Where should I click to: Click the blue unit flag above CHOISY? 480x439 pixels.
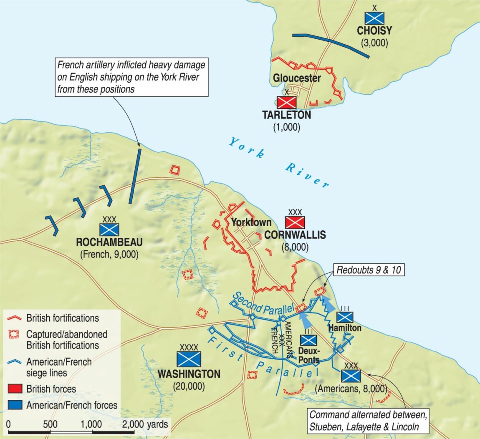(374, 18)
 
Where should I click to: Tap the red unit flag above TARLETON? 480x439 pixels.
(287, 103)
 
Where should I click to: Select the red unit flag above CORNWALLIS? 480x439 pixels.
(295, 222)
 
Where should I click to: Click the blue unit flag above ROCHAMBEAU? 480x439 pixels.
(109, 230)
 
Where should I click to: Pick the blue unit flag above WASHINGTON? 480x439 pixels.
(189, 359)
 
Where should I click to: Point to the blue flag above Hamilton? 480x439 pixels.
(345, 317)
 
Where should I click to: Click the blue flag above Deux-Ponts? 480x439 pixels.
(308, 340)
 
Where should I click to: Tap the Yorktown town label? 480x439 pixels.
(251, 222)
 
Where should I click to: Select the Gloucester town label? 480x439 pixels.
(297, 78)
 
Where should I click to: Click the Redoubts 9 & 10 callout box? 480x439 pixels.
(369, 270)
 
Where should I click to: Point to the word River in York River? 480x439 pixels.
(308, 174)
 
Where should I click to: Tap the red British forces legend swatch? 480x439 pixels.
(15, 389)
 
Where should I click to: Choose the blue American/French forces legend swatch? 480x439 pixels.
(15, 405)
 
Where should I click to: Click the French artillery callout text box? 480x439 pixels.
(131, 77)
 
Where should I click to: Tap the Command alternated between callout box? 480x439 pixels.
(368, 421)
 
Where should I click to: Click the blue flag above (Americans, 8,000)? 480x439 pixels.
(351, 376)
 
